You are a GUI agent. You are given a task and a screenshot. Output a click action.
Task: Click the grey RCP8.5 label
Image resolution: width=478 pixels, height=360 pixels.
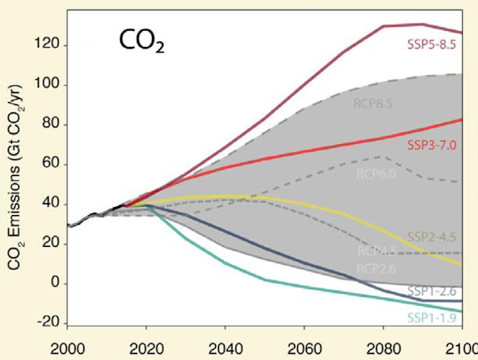click(372, 103)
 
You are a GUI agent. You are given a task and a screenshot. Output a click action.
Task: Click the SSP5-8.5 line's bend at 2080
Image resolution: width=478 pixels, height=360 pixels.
click(383, 26)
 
